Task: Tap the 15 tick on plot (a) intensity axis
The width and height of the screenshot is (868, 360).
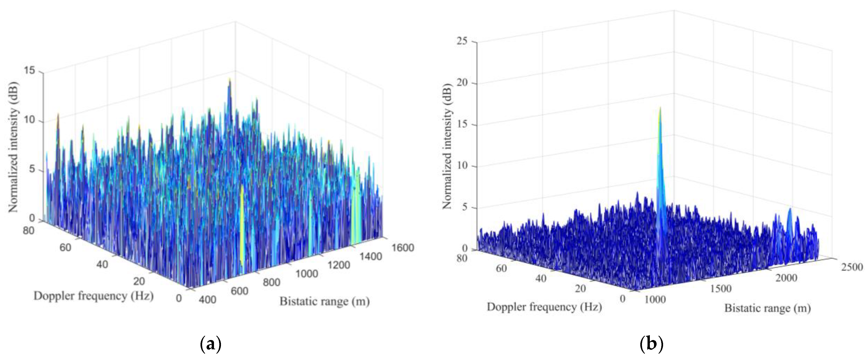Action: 30,71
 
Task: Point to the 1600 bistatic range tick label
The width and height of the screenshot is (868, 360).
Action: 403,248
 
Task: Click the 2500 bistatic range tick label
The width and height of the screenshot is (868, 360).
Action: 852,267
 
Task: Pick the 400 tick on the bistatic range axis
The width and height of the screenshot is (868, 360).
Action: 207,299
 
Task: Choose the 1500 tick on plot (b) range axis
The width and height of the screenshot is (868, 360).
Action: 721,289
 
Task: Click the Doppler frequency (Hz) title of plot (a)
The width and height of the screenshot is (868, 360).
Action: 94,296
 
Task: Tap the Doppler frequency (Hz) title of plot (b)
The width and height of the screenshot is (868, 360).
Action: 544,307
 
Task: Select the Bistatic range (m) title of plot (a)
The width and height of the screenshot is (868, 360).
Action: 325,301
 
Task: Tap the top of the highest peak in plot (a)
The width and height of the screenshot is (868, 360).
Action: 230,79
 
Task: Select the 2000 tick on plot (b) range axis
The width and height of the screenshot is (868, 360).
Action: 786,278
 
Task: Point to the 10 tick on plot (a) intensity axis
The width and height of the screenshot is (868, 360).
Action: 30,120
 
